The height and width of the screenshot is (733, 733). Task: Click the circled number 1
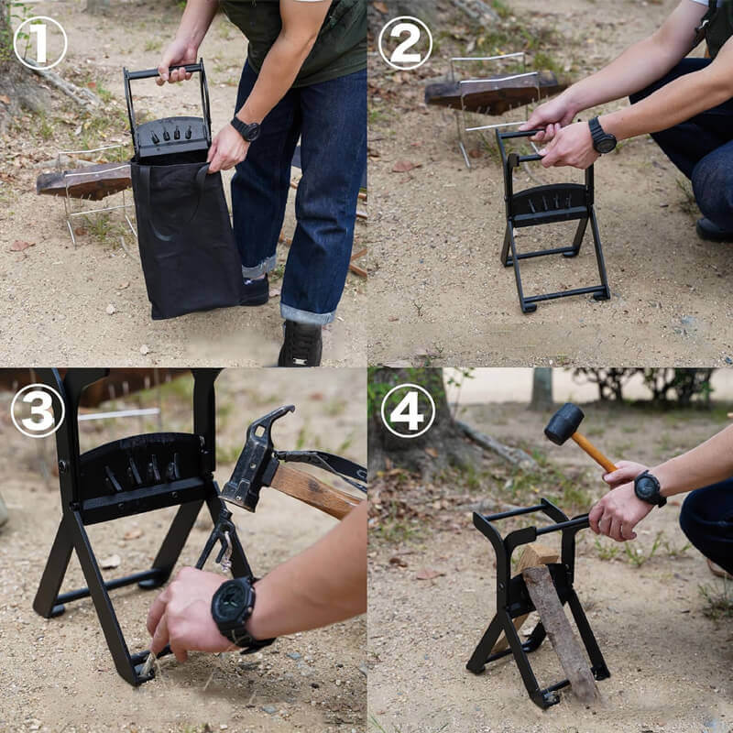pos(40,43)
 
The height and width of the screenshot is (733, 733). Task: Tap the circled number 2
pos(405,43)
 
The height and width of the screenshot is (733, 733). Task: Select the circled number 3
pos(38,410)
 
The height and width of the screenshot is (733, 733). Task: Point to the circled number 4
pos(408,410)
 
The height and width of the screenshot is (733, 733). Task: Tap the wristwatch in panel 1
pos(246,129)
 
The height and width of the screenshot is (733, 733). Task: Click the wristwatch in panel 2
pos(602,136)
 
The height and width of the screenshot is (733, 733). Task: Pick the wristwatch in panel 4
pos(650,488)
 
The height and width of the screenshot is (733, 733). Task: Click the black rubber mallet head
pos(563,423)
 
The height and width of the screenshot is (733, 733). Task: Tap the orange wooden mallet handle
pos(594,452)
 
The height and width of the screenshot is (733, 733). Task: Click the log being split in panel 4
pos(556,622)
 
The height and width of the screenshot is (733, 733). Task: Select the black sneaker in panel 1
pos(301,343)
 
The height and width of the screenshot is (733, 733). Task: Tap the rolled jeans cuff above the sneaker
pos(307,313)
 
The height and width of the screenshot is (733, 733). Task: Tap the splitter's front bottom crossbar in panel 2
pos(565,295)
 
